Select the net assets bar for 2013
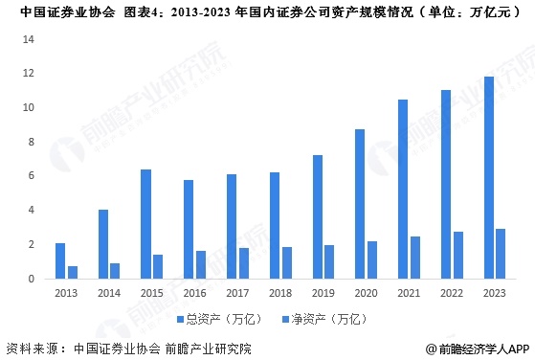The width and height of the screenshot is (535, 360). click(x=73, y=272)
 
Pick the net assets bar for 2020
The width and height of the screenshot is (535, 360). click(x=373, y=259)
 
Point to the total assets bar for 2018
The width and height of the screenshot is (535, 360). click(x=275, y=225)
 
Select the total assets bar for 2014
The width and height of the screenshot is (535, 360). click(x=102, y=244)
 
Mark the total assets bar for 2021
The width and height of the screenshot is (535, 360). click(x=403, y=189)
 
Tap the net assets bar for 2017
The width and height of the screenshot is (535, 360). click(x=244, y=263)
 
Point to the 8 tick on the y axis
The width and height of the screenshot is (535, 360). click(x=31, y=142)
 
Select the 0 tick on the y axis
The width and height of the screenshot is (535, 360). click(x=31, y=279)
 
